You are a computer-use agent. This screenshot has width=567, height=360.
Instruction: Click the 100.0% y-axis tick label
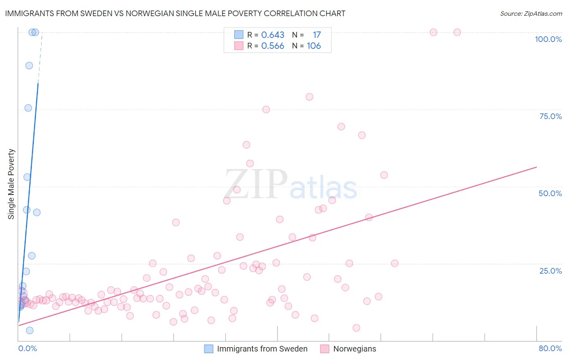click(x=548, y=39)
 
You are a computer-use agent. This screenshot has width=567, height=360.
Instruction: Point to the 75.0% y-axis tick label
click(x=550, y=116)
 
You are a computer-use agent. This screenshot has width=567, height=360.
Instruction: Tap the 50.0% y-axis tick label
click(x=550, y=193)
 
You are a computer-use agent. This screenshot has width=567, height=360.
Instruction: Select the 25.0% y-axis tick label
click(x=550, y=271)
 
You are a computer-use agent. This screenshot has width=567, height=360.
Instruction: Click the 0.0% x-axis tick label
click(x=27, y=348)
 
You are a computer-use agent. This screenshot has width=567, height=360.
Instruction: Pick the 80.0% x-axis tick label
click(x=550, y=348)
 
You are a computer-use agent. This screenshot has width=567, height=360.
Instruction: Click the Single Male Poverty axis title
click(x=11, y=184)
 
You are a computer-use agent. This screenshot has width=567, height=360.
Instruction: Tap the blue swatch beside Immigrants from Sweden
click(x=208, y=349)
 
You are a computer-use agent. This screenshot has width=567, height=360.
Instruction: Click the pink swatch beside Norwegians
click(x=325, y=349)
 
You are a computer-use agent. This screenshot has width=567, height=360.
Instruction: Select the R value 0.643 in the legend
click(x=273, y=35)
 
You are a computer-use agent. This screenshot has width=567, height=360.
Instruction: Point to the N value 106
click(x=314, y=46)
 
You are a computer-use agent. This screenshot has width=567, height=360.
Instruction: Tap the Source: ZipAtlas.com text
click(x=531, y=14)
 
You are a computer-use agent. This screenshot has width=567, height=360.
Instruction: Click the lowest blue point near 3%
click(x=29, y=331)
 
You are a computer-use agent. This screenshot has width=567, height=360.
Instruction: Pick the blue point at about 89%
click(x=29, y=65)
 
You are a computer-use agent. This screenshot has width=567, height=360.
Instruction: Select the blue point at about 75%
click(x=28, y=108)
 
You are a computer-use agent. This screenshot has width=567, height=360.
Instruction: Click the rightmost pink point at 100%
click(x=457, y=32)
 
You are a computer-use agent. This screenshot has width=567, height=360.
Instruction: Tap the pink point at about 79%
click(x=309, y=97)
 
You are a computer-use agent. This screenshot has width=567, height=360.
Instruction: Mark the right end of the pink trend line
click(x=536, y=167)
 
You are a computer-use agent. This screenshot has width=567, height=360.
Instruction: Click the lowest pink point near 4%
click(x=356, y=328)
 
